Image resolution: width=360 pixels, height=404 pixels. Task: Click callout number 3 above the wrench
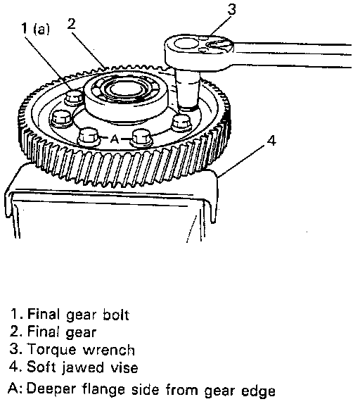(x=231, y=9)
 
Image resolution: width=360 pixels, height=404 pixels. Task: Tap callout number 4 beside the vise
(x=271, y=141)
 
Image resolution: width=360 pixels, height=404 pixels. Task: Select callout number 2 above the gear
(x=71, y=23)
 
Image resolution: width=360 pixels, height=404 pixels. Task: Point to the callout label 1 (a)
(x=35, y=29)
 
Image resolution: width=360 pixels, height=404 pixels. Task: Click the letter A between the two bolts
(x=115, y=139)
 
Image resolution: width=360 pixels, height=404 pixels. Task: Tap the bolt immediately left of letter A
(x=89, y=137)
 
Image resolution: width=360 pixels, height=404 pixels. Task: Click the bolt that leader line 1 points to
(x=74, y=98)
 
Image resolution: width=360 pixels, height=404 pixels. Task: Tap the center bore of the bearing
(x=126, y=89)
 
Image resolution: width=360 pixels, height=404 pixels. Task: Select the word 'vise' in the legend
(x=124, y=367)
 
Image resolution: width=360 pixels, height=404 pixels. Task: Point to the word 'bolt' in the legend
(x=116, y=315)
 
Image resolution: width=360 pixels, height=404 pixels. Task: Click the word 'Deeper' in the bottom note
(x=52, y=391)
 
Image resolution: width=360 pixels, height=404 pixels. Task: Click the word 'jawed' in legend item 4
(x=83, y=368)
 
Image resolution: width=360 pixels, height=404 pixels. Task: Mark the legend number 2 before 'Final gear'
(x=14, y=332)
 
